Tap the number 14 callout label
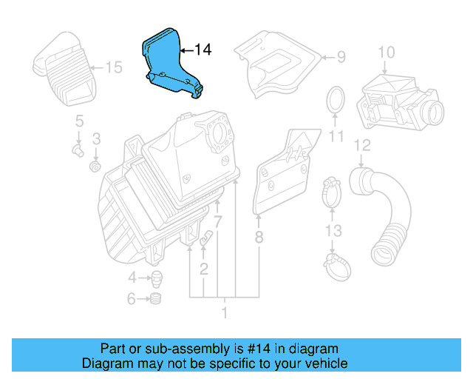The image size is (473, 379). pyautogui.click(x=202, y=50)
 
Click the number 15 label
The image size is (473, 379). pyautogui.click(x=112, y=68)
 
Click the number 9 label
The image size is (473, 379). pyautogui.click(x=341, y=56)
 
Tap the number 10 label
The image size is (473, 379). pyautogui.click(x=387, y=53)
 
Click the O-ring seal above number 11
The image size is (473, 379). pyautogui.click(x=336, y=99)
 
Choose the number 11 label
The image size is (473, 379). pyautogui.click(x=336, y=137)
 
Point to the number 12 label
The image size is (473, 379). pyautogui.click(x=361, y=144)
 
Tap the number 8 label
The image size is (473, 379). pyautogui.click(x=259, y=237)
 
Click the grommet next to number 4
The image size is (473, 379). pyautogui.click(x=156, y=279)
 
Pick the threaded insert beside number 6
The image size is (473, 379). pyautogui.click(x=156, y=300)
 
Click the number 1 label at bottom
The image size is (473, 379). pyautogui.click(x=225, y=312)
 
